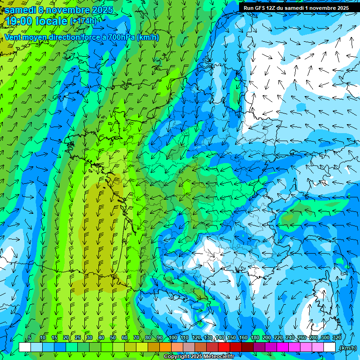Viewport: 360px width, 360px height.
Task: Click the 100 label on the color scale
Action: [173, 337]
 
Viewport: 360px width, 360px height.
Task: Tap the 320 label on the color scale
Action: [337, 337]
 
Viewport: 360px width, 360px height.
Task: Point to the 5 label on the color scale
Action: [30, 337]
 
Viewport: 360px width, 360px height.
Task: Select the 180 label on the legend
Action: [255, 337]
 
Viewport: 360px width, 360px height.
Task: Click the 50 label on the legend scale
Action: [113, 337]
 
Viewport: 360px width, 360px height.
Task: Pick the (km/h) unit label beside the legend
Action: [347, 347]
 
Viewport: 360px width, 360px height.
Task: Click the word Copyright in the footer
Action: [177, 357]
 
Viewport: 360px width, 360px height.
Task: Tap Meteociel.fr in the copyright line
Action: [219, 357]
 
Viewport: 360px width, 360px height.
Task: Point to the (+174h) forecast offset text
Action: [83, 21]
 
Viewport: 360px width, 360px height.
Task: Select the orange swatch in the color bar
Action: [165, 347]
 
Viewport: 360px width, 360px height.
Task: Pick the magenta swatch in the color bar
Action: [283, 347]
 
